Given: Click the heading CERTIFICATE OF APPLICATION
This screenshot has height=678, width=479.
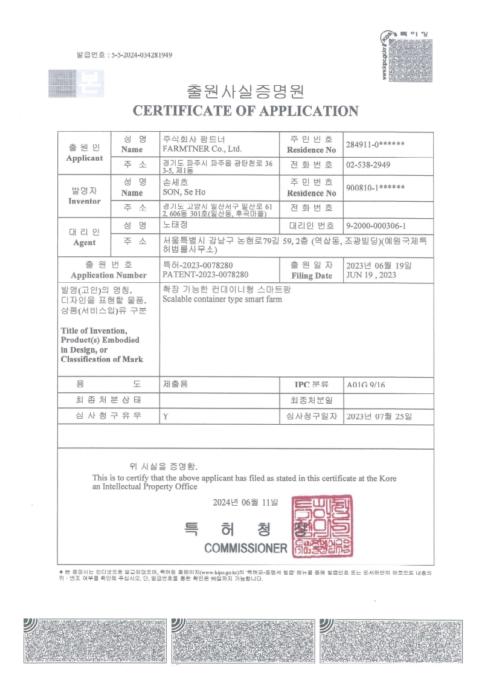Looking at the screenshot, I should tap(245, 111).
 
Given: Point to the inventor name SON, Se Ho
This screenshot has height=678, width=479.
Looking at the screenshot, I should tap(181, 192).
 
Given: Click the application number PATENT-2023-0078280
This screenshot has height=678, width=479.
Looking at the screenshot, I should tap(198, 274).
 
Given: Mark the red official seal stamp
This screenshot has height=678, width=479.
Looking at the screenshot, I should tap(322, 526).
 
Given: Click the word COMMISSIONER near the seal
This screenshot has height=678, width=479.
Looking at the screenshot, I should tap(245, 548).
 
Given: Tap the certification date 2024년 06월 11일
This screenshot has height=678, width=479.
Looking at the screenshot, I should tap(246, 503).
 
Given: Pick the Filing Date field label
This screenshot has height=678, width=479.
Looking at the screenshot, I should tap(312, 276).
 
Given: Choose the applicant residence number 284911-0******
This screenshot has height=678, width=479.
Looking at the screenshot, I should tap(375, 144).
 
